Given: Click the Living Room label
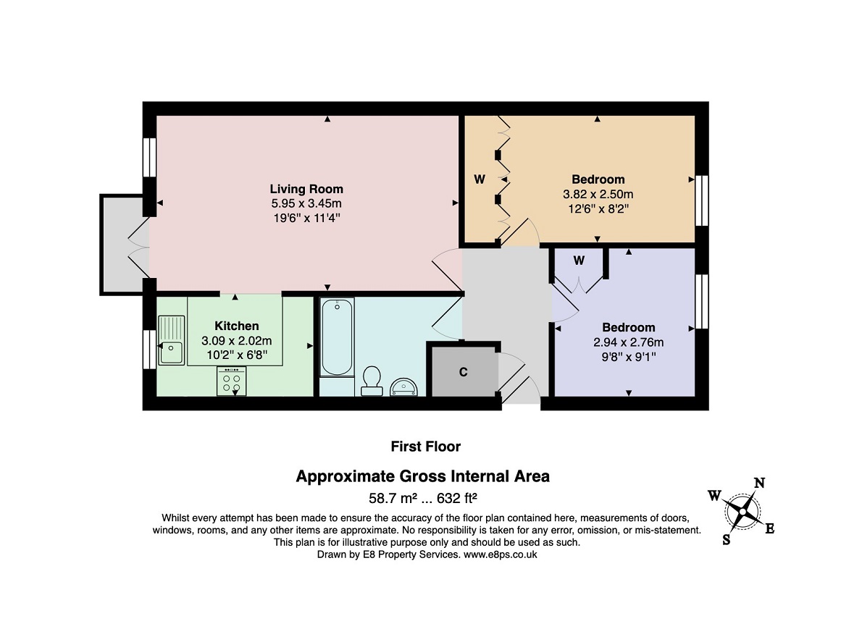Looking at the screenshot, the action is pos(306,189).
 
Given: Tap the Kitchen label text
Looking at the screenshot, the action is pos(236,326).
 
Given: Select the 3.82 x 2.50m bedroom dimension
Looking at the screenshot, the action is pos(598,195).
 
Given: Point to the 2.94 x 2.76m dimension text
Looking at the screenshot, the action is pos(628,342).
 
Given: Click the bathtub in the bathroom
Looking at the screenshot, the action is pos(337,337).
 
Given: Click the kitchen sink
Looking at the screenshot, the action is pos(172,340).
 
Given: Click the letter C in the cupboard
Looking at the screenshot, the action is pos(464,372).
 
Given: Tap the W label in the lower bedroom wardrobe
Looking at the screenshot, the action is pos(579,261).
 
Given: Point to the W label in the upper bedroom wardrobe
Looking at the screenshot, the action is pos(480,179).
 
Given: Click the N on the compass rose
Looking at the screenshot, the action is pos(759,483).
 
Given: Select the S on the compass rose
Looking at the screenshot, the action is pos(727,540).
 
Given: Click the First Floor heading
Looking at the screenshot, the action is pos(425,447).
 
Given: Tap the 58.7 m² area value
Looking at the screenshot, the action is pos(393,498).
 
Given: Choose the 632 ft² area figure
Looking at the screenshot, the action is pos(456,498).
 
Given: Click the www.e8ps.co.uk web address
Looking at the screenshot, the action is pos(501,554).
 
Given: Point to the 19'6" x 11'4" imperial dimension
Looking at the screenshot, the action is pos(306,218).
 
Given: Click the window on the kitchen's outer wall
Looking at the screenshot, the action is pos(149,350).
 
